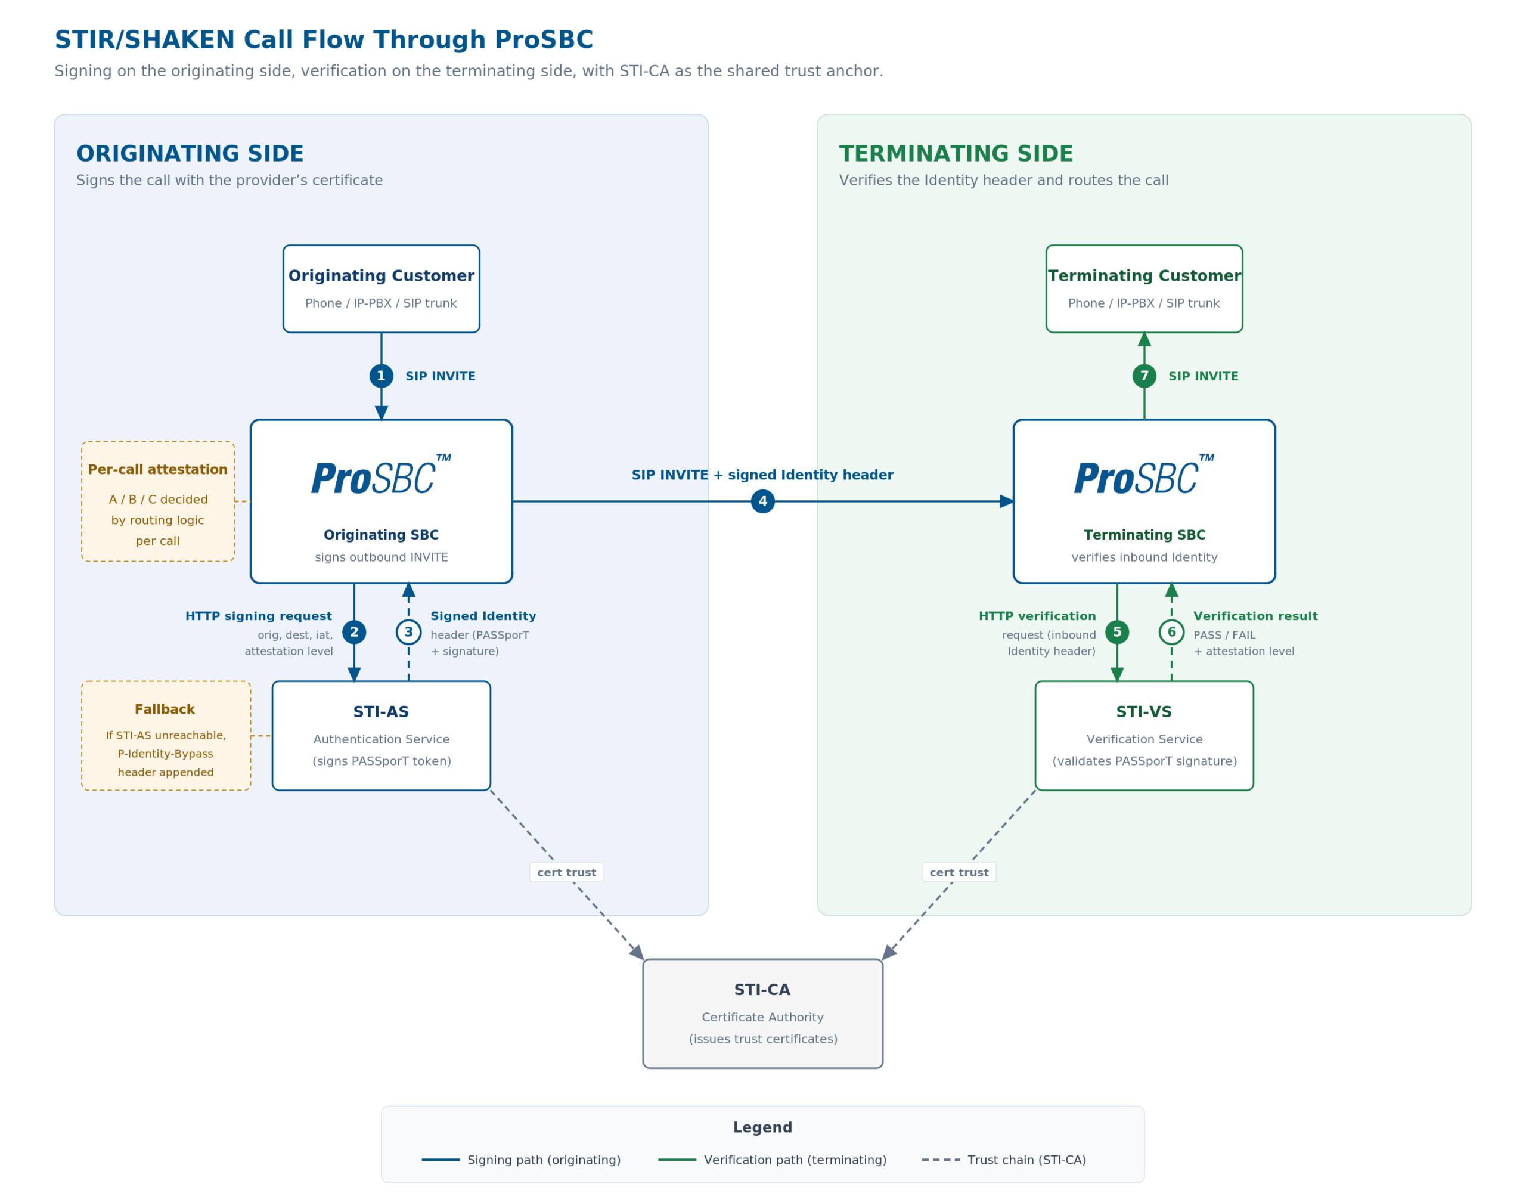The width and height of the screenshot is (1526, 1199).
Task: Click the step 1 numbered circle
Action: click(381, 376)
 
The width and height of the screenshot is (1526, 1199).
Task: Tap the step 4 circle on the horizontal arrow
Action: click(762, 501)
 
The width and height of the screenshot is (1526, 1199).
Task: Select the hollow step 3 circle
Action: click(408, 632)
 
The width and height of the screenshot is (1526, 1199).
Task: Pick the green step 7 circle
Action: click(1144, 376)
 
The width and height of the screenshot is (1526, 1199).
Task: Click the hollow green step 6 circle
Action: click(1171, 632)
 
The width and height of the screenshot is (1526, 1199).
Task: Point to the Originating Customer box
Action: click(381, 289)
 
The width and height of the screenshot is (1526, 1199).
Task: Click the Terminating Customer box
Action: click(1144, 289)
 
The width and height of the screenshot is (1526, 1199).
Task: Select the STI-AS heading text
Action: click(381, 712)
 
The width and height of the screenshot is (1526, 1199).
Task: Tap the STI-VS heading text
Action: click(1144, 712)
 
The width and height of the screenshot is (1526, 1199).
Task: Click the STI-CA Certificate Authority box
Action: click(762, 1014)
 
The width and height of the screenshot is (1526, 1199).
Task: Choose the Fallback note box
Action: click(166, 736)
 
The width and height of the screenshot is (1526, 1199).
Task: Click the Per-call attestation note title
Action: click(157, 470)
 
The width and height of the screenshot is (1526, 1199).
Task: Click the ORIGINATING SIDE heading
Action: click(190, 154)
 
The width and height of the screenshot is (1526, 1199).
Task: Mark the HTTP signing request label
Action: click(258, 616)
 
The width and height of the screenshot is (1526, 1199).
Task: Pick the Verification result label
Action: click(1255, 616)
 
